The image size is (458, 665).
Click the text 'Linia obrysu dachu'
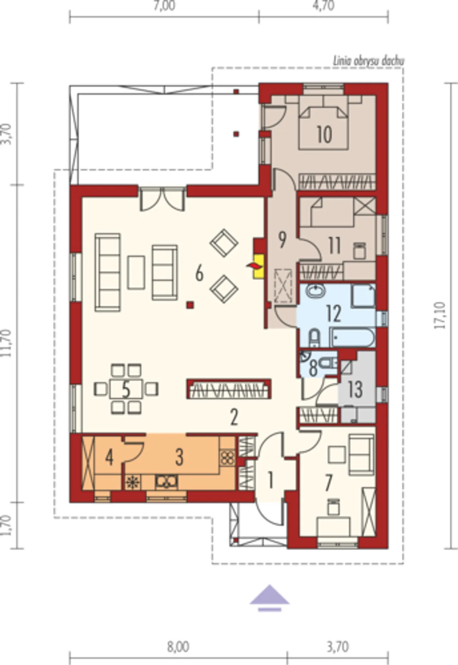point(369,61)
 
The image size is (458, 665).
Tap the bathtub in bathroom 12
point(352,338)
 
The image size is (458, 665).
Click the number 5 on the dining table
point(126,390)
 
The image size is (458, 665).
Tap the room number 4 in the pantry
point(109,457)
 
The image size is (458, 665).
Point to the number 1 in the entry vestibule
point(271,480)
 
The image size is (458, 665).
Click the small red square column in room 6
point(190,305)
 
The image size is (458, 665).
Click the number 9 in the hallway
point(282,240)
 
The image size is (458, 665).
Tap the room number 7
point(329,482)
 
